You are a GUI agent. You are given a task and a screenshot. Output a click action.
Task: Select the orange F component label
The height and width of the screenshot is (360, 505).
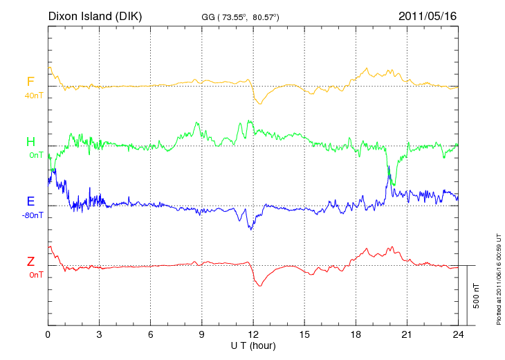tap(30, 82)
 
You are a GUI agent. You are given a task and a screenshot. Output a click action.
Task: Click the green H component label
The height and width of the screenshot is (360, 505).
tap(30, 142)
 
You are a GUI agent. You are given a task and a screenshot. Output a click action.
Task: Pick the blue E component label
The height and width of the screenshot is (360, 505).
tap(30, 201)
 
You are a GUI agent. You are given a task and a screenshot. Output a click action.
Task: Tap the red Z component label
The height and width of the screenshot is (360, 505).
tap(30, 262)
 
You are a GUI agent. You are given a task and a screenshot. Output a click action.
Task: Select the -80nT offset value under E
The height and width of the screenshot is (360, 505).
tap(33, 215)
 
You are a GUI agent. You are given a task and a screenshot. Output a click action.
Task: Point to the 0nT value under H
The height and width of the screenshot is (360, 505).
tap(36, 155)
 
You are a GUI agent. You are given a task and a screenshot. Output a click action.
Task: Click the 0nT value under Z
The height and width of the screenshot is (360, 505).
tap(36, 275)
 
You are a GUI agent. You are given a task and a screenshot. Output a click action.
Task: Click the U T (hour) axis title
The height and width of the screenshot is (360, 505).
tap(253, 345)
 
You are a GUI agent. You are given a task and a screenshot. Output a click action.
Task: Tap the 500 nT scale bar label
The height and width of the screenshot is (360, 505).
tap(477, 295)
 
